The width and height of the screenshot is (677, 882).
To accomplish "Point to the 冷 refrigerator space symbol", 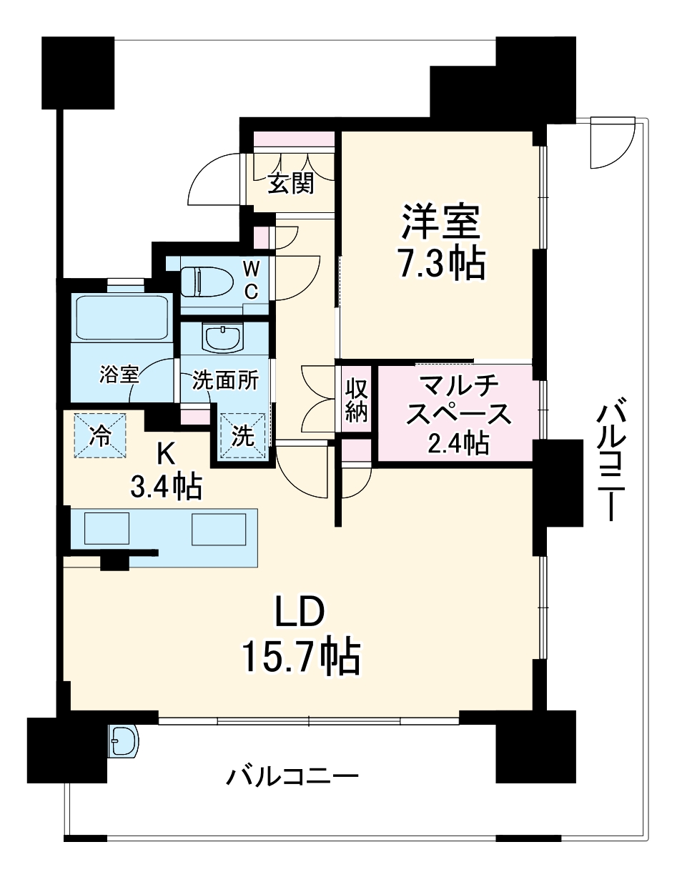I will pyautogui.click(x=100, y=436).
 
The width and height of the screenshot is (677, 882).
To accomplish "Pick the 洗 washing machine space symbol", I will pyautogui.click(x=243, y=437).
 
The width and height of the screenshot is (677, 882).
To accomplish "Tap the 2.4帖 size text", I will pyautogui.click(x=458, y=443).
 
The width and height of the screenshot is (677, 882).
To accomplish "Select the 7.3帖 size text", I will pyautogui.click(x=441, y=264).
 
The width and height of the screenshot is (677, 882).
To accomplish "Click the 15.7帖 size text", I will pyautogui.click(x=300, y=656).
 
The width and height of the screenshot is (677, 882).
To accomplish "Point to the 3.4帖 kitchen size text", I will pyautogui.click(x=165, y=487).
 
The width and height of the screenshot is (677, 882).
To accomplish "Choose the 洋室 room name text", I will pyautogui.click(x=441, y=222).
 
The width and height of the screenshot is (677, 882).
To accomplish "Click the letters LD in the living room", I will pyautogui.click(x=301, y=613).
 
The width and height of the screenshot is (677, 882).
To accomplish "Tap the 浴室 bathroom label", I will pyautogui.click(x=118, y=374).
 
